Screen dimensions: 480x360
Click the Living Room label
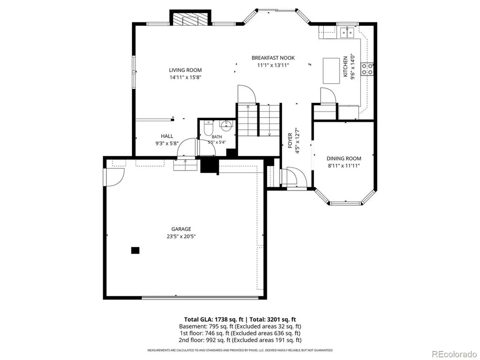[x=185, y=70]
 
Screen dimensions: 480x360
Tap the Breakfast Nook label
[x=273, y=58]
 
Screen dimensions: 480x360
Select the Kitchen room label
[x=345, y=66]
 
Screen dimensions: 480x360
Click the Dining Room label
[x=344, y=159]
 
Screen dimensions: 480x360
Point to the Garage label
[x=181, y=229]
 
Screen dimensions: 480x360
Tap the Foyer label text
[x=290, y=140]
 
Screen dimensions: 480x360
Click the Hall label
[x=167, y=136]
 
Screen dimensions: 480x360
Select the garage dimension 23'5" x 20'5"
[x=181, y=236]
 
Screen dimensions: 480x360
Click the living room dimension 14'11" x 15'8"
[x=185, y=77]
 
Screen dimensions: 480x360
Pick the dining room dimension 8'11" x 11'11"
[x=344, y=166]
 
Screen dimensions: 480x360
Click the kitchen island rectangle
[x=331, y=71]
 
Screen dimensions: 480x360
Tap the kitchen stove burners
[x=367, y=69]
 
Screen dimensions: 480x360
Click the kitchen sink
[x=347, y=32]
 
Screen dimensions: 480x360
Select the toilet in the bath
[x=208, y=128]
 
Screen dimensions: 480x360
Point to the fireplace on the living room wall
[x=191, y=19]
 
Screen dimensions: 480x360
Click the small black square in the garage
[x=135, y=250]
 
